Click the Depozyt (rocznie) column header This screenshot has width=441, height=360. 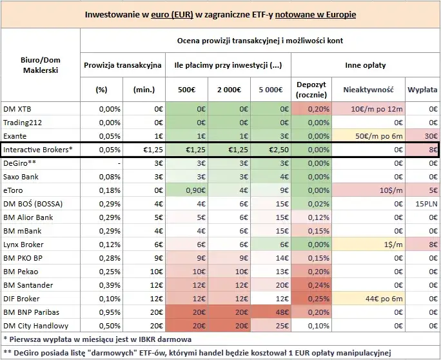[x=310, y=89]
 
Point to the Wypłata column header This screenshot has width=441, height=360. [x=422, y=89]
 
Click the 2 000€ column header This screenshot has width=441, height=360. [x=226, y=89]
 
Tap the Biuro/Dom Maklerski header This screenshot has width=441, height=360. [x=40, y=65]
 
